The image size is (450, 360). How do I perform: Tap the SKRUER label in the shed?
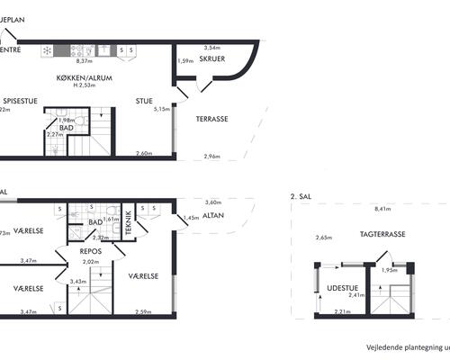pyautogui.click(x=212, y=60)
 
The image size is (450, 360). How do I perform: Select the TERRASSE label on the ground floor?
pyautogui.click(x=211, y=118)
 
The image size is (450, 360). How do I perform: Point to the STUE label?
pyautogui.click(x=145, y=101)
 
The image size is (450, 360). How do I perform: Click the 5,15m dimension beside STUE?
pyautogui.click(x=162, y=109)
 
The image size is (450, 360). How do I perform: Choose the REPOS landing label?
pyautogui.click(x=88, y=251)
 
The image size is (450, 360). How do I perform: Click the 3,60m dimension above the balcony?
pyautogui.click(x=213, y=202)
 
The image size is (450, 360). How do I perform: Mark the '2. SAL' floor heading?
pyautogui.click(x=300, y=195)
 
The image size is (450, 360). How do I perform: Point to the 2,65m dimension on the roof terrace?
pyautogui.click(x=322, y=238)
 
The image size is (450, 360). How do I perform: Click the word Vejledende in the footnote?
pyautogui.click(x=382, y=346)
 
